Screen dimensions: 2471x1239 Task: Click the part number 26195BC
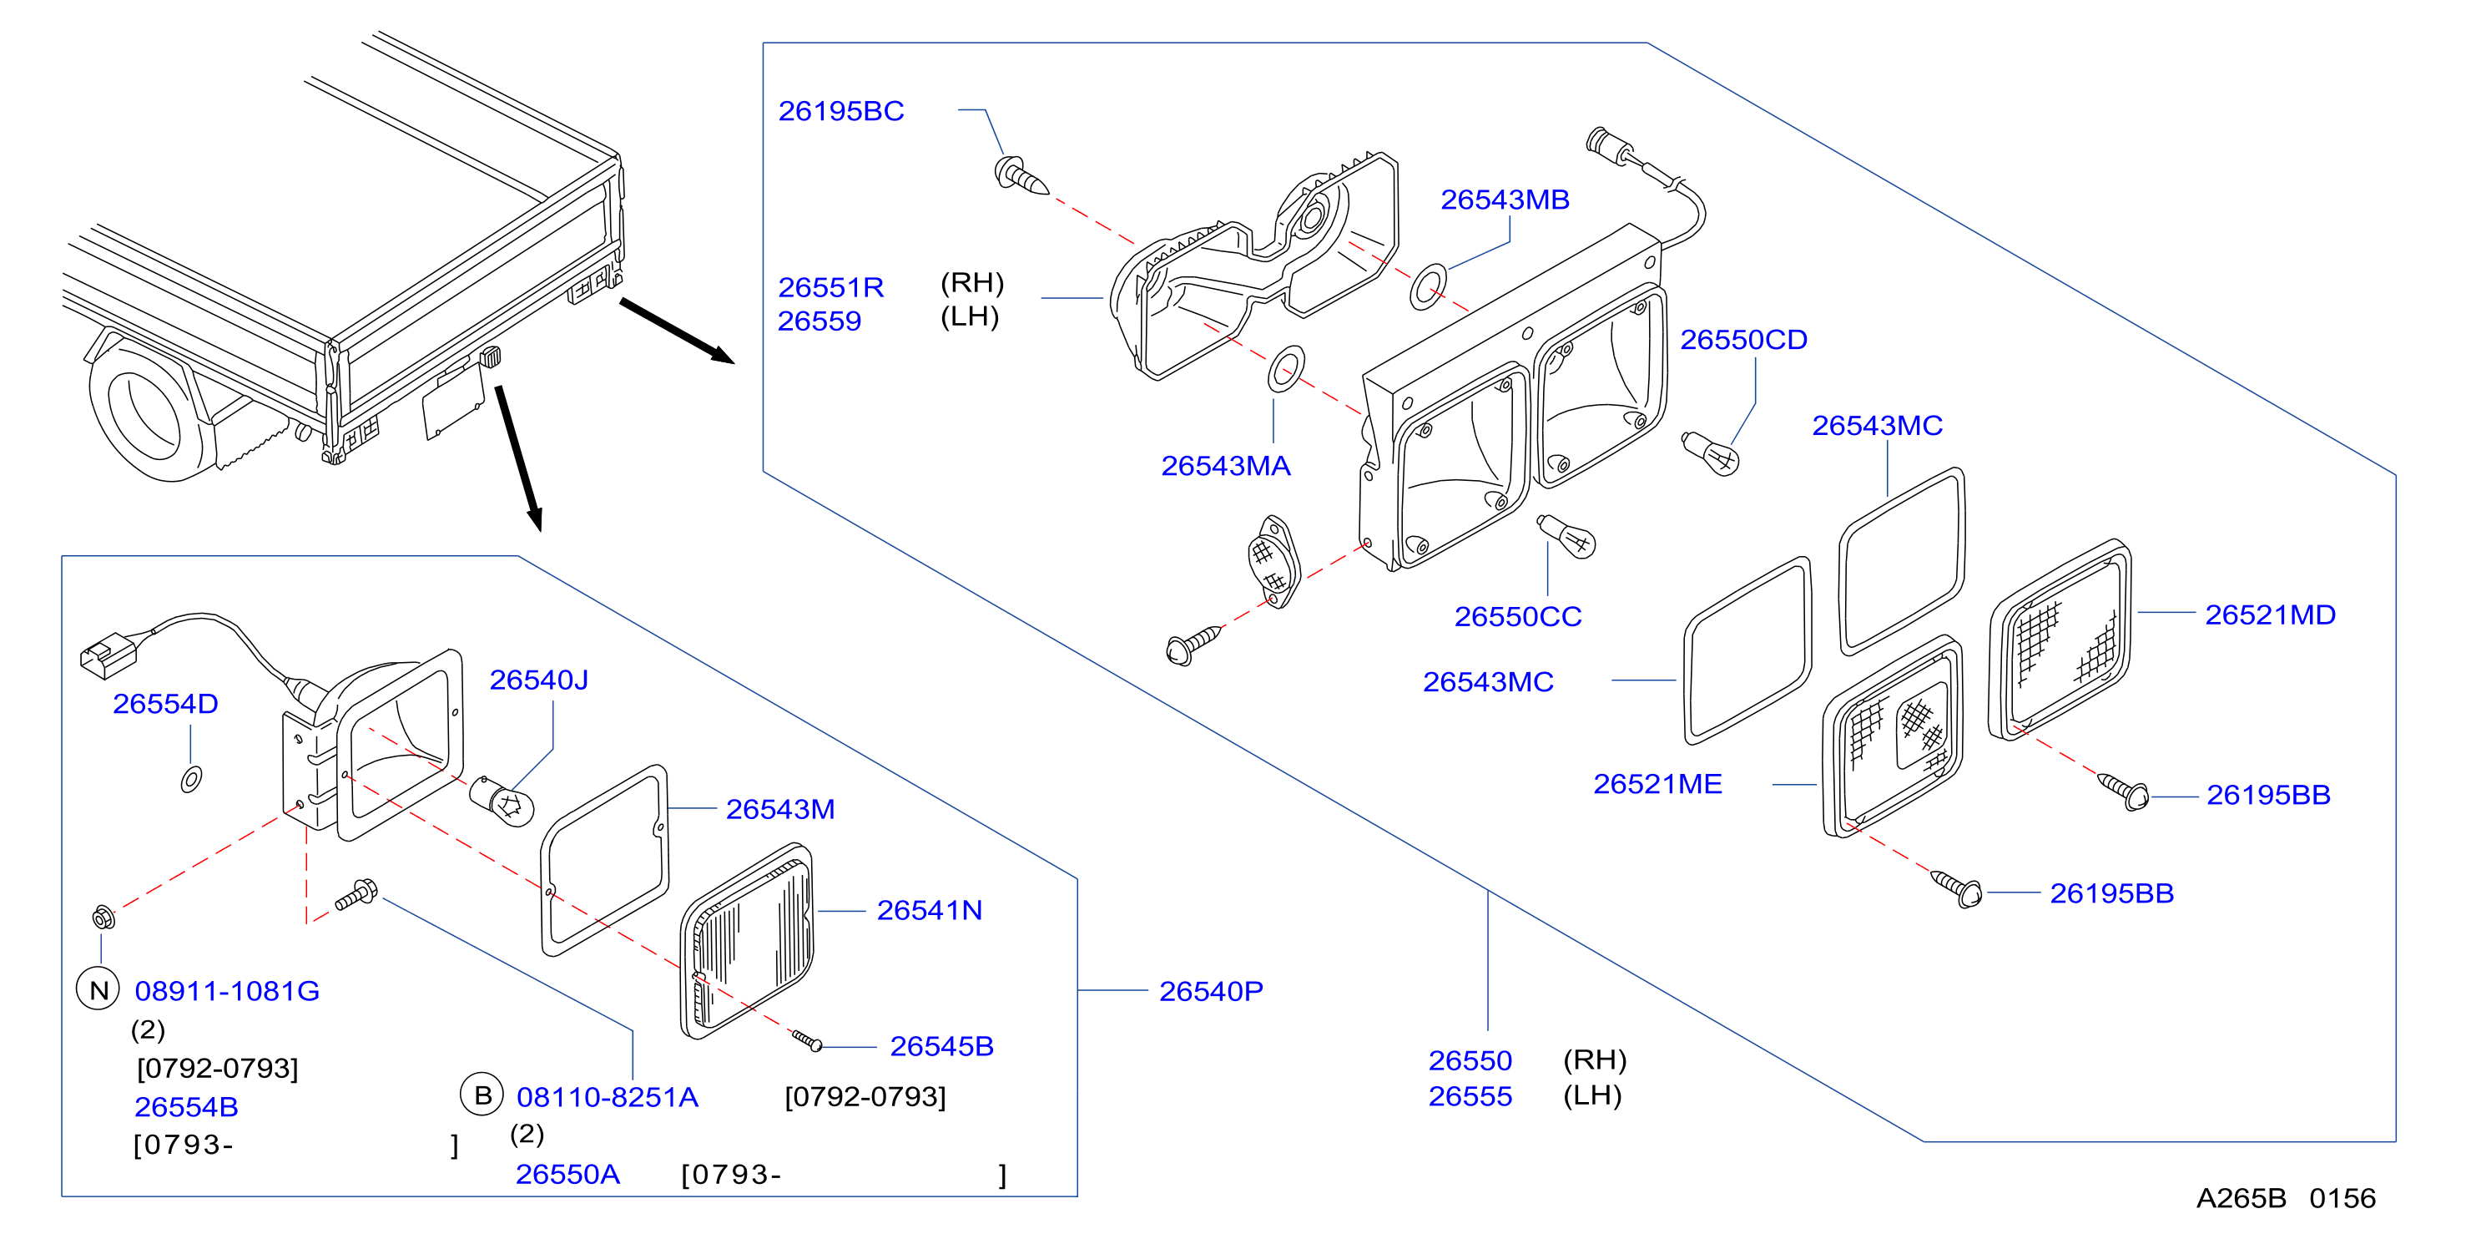tap(840, 111)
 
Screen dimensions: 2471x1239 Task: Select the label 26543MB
tap(1504, 200)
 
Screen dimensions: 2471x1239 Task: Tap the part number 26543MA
tap(1225, 467)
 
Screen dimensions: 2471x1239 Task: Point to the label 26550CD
tap(1743, 340)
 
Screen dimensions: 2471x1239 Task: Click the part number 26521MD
tap(2270, 615)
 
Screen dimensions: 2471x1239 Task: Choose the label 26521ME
tap(1657, 784)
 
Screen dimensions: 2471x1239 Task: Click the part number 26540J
tap(538, 680)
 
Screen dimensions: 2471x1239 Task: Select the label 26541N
tap(929, 911)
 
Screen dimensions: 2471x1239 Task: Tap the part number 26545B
tap(941, 1046)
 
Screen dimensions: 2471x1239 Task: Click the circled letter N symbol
tap(98, 989)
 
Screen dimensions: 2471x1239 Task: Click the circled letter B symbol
tap(482, 1095)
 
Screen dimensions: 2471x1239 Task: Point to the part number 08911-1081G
tap(226, 991)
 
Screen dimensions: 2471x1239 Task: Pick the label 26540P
tap(1211, 991)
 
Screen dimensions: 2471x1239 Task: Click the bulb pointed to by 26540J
tap(502, 802)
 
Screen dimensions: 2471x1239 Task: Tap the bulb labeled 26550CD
tap(1709, 453)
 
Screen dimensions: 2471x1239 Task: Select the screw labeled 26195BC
tap(1021, 178)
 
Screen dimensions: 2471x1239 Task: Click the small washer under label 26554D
tap(191, 778)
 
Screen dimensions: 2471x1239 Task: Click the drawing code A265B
tap(2241, 1199)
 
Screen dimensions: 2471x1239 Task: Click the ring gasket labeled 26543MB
tap(1429, 287)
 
